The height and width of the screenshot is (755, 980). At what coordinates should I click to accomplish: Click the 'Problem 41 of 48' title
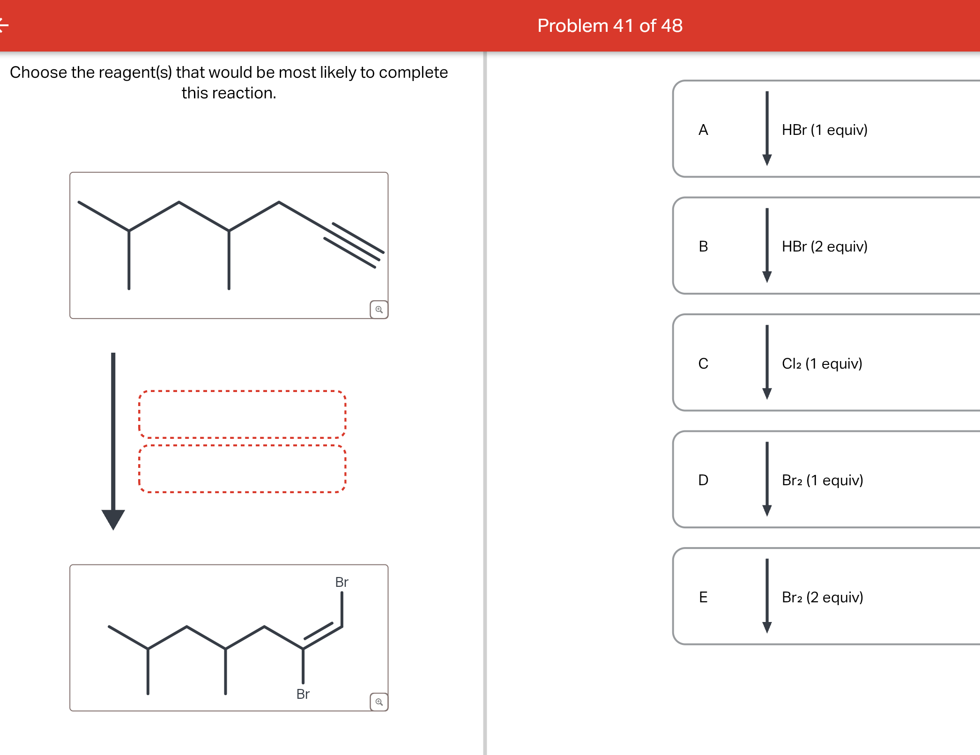pos(609,26)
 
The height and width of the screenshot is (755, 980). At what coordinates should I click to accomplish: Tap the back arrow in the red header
pos(4,25)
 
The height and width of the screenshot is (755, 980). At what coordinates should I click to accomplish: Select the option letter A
pos(703,130)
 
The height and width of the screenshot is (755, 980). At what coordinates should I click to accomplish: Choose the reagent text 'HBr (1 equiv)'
pos(824,130)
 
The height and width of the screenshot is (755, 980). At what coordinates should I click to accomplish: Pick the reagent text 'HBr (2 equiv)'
pos(824,246)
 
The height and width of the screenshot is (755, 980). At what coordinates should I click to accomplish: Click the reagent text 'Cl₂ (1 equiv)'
pos(822,363)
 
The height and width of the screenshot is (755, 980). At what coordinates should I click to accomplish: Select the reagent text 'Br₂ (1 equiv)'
pos(822,480)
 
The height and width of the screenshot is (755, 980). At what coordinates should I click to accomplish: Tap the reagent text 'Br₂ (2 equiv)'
pos(822,597)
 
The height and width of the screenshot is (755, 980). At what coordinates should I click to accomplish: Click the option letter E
pos(703,597)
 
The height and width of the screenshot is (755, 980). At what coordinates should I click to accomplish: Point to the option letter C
pos(703,363)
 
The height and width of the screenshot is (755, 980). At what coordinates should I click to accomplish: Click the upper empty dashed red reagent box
pos(242,415)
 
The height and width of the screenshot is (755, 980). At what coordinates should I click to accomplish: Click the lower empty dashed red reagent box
pos(242,469)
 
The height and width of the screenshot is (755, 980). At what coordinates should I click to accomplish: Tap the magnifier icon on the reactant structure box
pos(379,310)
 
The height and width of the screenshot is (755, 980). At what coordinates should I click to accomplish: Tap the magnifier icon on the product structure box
pos(379,702)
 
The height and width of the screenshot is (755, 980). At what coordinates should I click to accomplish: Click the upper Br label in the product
pos(342,582)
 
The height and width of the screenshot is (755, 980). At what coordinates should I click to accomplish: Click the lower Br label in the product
pos(303,694)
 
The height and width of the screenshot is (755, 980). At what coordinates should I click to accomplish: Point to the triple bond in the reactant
pos(354,245)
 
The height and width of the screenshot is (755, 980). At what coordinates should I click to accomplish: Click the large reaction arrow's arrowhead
pos(113,519)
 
